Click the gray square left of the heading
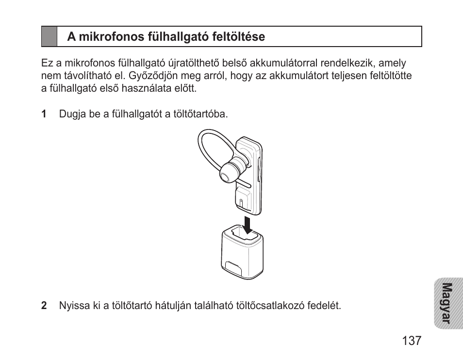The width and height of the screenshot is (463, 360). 49,36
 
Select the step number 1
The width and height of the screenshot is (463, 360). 44,115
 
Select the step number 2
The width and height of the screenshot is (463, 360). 44,306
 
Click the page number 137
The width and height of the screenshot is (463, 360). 412,340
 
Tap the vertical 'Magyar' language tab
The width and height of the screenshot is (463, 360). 446,303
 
